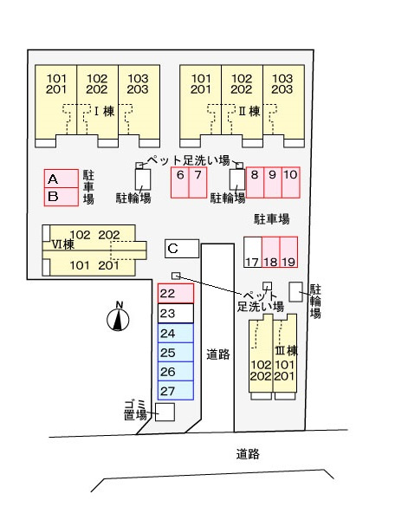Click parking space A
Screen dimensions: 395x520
[x=62, y=179]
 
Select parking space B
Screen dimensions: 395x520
[x=62, y=197]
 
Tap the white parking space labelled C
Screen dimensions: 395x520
[x=182, y=249]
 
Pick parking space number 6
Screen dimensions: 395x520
[x=180, y=183]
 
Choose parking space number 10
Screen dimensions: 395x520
[x=291, y=182]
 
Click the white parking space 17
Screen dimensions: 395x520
[x=253, y=252]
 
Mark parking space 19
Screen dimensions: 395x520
[x=288, y=252]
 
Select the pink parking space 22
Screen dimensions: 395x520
[x=176, y=293]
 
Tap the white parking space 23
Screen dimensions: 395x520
[x=176, y=314]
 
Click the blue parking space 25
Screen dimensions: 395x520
[x=176, y=352]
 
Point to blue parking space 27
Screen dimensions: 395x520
[x=176, y=390]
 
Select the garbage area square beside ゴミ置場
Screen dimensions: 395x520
[x=165, y=412]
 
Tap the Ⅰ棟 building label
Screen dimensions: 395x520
[x=105, y=111]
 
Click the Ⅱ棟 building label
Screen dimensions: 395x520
[x=249, y=111]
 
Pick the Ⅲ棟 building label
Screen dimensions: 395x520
[x=287, y=350]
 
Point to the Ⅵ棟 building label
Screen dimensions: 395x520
[x=63, y=244]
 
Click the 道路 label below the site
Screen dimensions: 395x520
[x=248, y=454]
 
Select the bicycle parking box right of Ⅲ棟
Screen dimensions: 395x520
[x=295, y=292]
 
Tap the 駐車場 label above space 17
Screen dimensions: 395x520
[x=271, y=219]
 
